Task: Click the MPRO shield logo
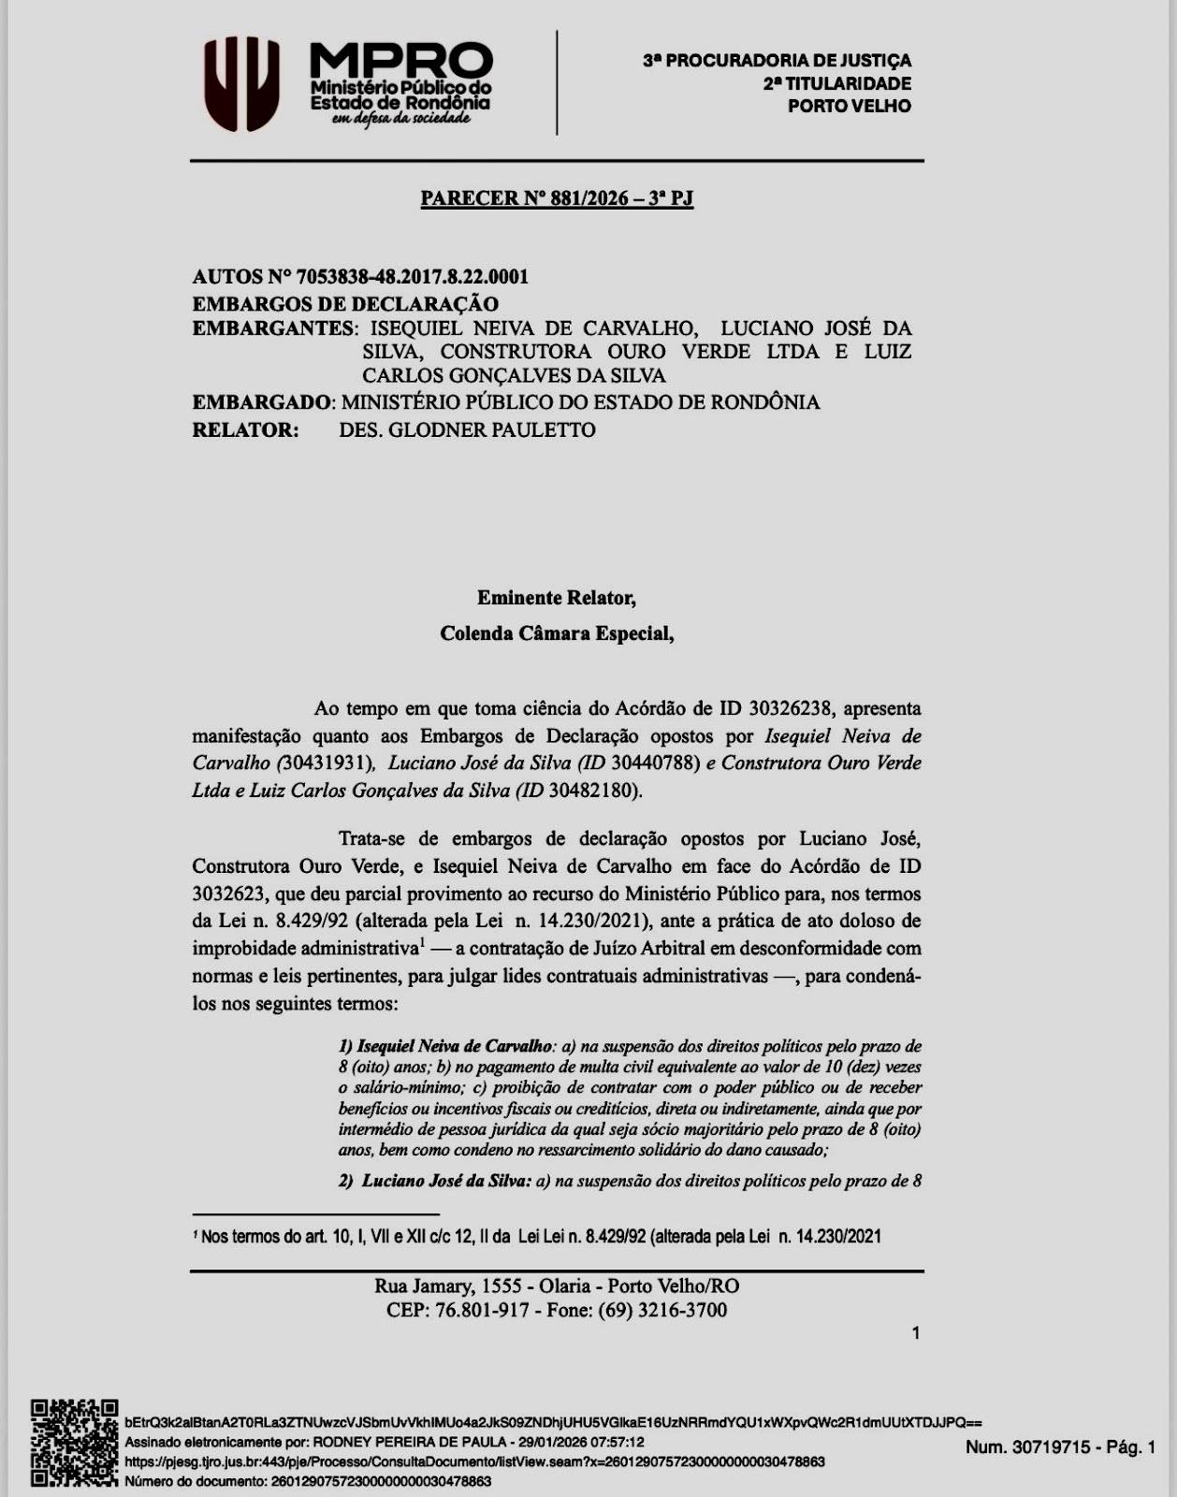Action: pos(242,83)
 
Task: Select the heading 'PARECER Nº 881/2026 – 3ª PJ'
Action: pos(557,198)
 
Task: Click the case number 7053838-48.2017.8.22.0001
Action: pos(412,277)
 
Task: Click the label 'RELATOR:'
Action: pos(245,430)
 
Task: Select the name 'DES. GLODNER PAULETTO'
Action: pos(467,430)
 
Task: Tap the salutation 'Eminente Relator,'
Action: pos(557,598)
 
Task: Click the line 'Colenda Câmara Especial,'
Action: pos(557,634)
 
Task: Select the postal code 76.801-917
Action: pos(483,1310)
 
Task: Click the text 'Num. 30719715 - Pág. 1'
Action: pos(1061,1447)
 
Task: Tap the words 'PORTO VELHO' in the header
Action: pos(849,107)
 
